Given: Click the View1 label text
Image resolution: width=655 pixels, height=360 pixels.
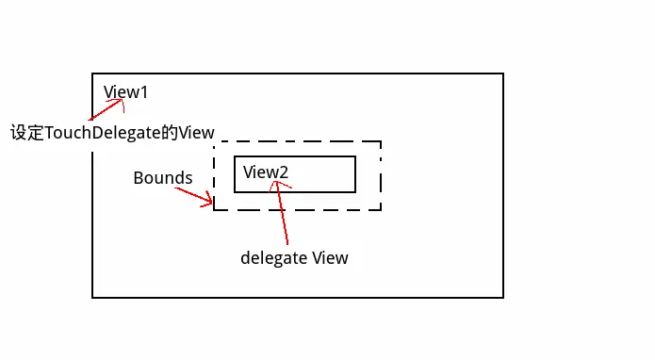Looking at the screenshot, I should [x=125, y=92].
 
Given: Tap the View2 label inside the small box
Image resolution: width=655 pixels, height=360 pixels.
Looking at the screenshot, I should [x=265, y=172].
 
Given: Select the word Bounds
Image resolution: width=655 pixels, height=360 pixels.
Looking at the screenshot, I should [x=162, y=177].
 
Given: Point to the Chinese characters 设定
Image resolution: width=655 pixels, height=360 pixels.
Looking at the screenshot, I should [x=26, y=132].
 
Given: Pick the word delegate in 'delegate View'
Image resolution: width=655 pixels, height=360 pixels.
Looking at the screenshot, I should [x=274, y=257].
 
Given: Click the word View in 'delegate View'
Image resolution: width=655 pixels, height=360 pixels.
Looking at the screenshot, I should [x=330, y=257].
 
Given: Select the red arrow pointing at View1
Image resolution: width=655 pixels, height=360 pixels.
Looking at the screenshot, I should [x=106, y=108].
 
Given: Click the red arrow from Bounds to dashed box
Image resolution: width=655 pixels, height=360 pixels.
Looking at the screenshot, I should [x=194, y=196].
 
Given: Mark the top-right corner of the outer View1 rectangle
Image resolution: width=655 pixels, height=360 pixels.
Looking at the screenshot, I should [x=502, y=74].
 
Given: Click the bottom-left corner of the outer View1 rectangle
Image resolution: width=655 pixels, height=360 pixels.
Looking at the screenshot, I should [x=92, y=297].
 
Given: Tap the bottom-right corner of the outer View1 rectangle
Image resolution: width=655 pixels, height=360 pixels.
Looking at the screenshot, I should [x=502, y=297].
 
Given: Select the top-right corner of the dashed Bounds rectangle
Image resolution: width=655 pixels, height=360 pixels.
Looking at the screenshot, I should [x=380, y=142].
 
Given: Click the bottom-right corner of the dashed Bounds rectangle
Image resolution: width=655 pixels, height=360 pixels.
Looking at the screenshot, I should [x=380, y=209].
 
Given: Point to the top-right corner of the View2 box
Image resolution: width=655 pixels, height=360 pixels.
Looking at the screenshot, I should [x=354, y=156].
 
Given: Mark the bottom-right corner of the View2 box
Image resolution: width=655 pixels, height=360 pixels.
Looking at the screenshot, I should [x=354, y=191].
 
